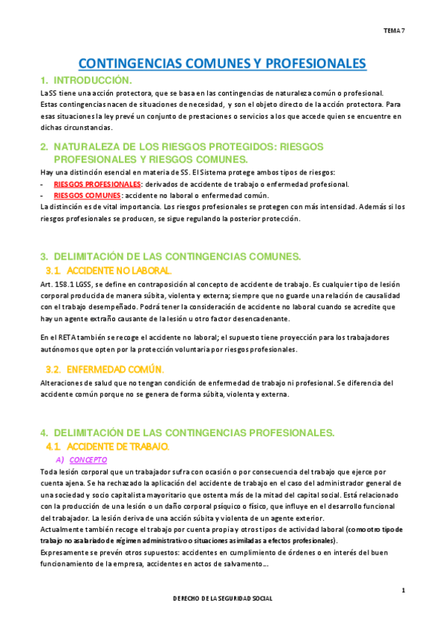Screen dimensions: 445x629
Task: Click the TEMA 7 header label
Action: pyautogui.click(x=394, y=30)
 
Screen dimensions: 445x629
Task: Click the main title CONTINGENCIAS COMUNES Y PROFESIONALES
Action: pyautogui.click(x=222, y=64)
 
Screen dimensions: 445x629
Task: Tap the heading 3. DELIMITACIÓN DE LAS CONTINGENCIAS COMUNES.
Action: pyautogui.click(x=171, y=257)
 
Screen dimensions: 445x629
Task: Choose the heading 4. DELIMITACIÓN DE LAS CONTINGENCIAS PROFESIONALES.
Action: pyautogui.click(x=188, y=432)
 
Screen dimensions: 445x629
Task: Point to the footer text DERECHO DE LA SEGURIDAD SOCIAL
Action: pyautogui.click(x=222, y=598)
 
